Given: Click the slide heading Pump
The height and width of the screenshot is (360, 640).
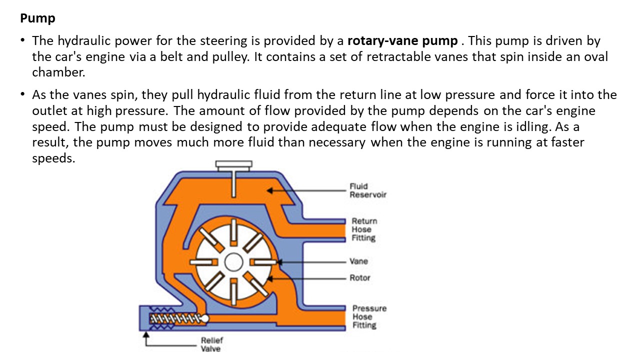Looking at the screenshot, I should [37, 19].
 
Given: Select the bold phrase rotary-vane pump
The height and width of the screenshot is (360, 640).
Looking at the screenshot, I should [402, 40].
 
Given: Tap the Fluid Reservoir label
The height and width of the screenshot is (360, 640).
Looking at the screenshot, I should [367, 190].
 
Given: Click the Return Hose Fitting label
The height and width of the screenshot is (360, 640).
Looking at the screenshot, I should [364, 229].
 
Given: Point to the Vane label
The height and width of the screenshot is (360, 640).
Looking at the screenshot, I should [359, 261].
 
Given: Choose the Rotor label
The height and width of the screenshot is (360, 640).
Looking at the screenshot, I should [360, 278].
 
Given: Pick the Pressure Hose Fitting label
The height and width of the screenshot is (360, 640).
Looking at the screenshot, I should [369, 317].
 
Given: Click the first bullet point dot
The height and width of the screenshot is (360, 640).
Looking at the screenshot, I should [23, 40].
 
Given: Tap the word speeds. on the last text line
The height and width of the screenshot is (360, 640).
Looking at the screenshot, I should [53, 158].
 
